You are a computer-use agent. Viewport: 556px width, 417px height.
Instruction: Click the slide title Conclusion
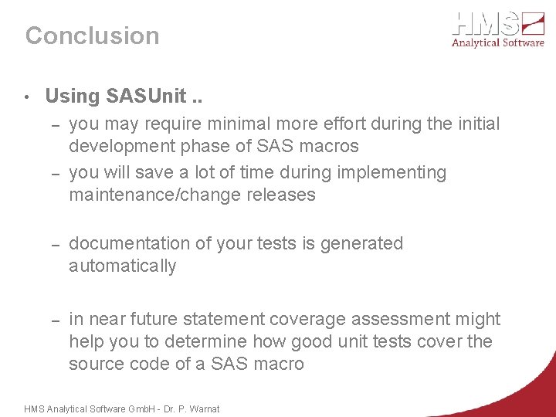tap(92, 36)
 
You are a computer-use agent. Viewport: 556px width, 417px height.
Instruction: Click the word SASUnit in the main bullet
tap(146, 97)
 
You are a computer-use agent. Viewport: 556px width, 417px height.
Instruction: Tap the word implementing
tap(394, 172)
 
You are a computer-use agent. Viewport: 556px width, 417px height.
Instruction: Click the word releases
tap(280, 195)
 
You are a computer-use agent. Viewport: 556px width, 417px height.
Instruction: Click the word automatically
tap(122, 266)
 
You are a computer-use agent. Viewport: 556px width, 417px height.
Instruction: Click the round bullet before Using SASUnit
tap(27, 97)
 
